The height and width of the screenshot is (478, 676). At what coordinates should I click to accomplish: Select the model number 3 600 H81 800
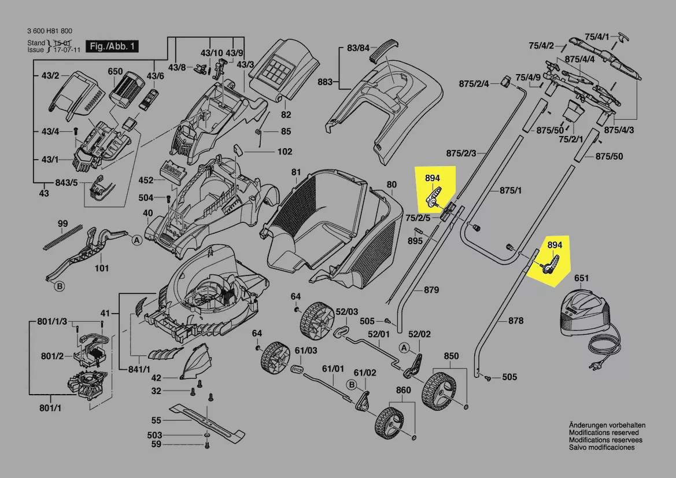coord(50,31)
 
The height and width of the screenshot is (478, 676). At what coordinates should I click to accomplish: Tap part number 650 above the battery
coord(115,72)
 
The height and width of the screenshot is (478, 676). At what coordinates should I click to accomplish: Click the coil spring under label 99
coord(62,238)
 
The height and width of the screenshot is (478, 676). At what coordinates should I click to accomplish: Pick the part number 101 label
coord(101,268)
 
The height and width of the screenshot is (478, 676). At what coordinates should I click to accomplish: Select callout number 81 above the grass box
coord(296,172)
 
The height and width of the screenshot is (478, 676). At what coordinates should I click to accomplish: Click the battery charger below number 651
coord(586,312)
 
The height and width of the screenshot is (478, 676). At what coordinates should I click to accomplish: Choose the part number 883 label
coord(325,82)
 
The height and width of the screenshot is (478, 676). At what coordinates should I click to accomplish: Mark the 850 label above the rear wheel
coord(451,355)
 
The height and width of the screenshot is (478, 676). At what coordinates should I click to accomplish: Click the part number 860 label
coord(403,390)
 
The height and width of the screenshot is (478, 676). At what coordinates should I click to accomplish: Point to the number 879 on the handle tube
coord(431,289)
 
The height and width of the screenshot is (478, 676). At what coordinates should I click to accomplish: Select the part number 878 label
coord(516,321)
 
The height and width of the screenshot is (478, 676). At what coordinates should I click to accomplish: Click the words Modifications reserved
coord(604,432)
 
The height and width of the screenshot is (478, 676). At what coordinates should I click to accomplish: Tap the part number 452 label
coord(146,180)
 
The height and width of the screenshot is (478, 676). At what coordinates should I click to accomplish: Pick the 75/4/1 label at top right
coord(597,36)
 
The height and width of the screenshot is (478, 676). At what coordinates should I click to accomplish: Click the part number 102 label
coord(285,152)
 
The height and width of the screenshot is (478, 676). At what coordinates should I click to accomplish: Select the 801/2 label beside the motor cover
coord(52,355)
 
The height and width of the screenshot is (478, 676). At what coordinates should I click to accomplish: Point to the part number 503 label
coord(154,435)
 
